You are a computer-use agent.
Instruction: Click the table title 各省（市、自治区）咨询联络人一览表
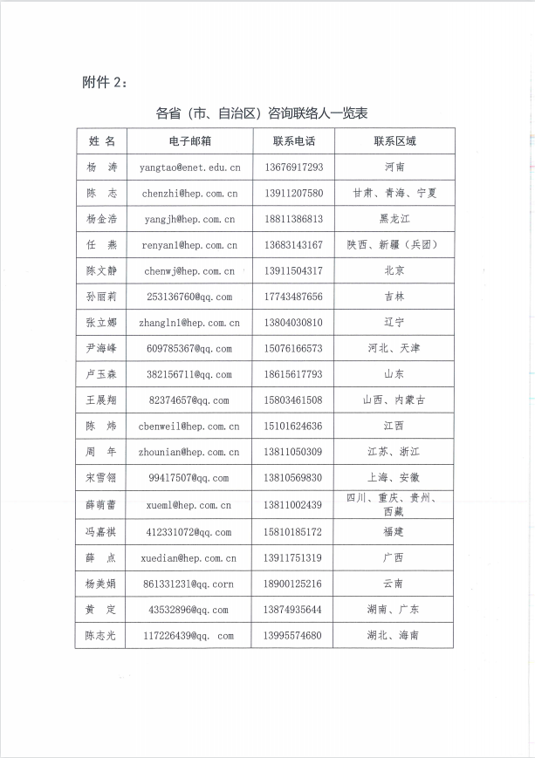tap(262, 113)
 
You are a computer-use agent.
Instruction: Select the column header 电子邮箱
tap(190, 140)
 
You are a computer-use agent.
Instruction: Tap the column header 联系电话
tap(293, 140)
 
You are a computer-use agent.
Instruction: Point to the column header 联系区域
tap(394, 140)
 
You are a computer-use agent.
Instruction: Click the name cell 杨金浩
tap(101, 219)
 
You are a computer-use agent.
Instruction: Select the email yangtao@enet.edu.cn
tap(190, 167)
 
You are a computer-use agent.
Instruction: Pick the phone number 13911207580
tap(293, 193)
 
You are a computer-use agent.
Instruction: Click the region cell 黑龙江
tap(394, 219)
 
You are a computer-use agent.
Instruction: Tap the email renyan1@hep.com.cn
tap(190, 245)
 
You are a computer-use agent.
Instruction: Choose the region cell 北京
tap(394, 271)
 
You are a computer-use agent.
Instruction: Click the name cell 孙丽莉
tap(101, 297)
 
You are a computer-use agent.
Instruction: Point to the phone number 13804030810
tap(293, 323)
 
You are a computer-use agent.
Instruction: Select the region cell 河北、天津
tap(394, 348)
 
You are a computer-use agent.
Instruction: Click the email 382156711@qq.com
tap(190, 374)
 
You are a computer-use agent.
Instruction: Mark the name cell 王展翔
tap(101, 400)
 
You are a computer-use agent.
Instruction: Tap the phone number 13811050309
tap(293, 452)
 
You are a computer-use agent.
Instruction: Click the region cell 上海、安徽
tap(394, 477)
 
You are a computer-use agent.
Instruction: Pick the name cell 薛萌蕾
tap(101, 505)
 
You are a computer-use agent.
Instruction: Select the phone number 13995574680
tap(293, 636)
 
